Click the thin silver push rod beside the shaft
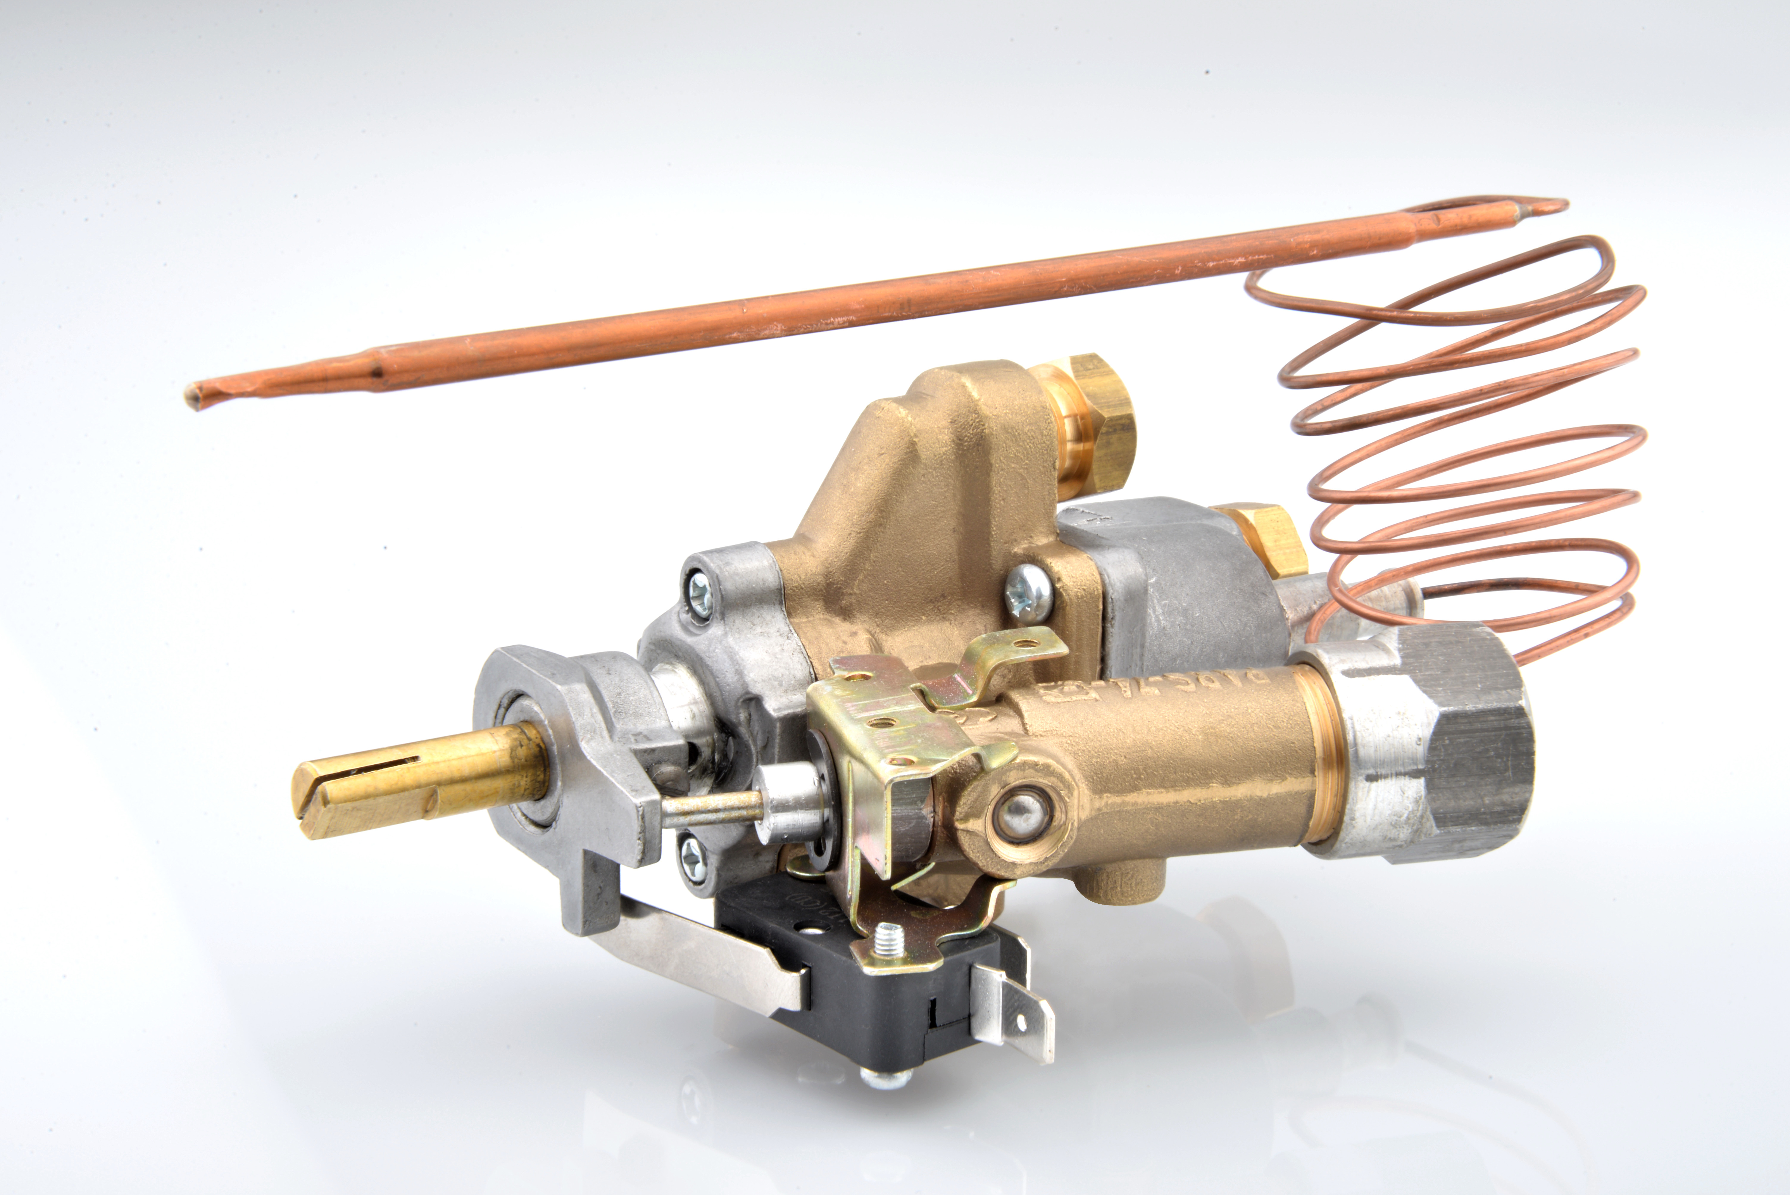tap(713, 808)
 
